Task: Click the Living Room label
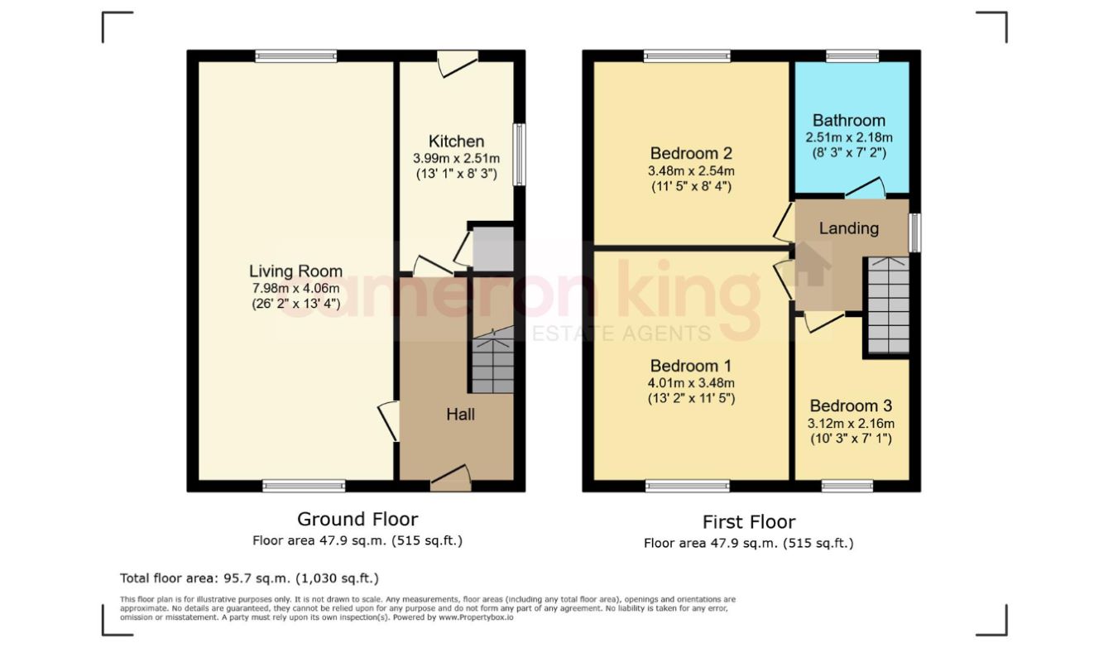295,271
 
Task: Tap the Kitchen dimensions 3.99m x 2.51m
456,158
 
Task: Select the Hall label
460,414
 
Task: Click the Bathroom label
848,120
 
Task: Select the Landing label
848,228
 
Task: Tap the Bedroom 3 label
850,405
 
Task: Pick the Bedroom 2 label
691,153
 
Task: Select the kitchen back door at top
458,63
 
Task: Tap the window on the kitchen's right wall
519,155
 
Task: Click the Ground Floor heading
357,519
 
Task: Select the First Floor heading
748,522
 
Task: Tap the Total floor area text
249,578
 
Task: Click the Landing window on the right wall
914,233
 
